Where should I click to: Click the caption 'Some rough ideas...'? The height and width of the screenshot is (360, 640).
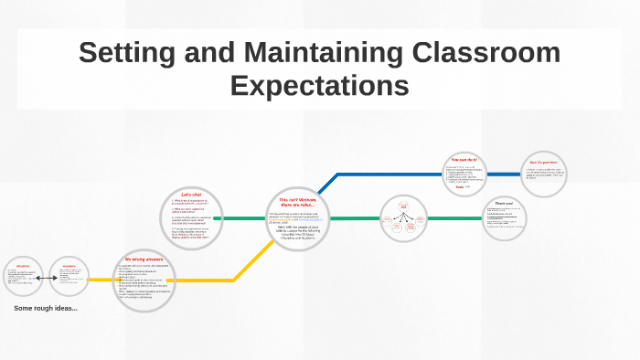point(46,308)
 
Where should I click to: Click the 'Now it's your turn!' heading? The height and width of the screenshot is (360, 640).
point(542,163)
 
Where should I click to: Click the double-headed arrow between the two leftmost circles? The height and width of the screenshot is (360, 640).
point(46,278)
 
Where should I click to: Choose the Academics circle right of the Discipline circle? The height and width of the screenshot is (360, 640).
point(68,278)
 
